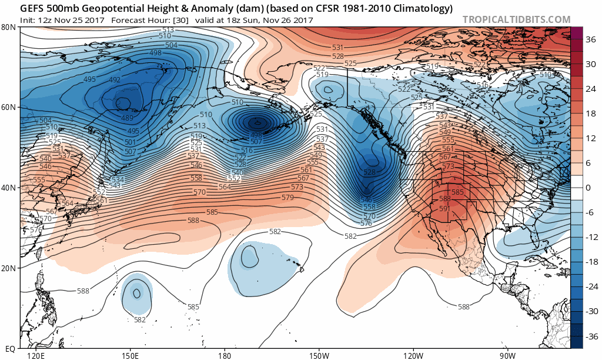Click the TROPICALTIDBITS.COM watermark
(x=516, y=19)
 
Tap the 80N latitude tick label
(x=9, y=27)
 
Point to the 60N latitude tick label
(x=9, y=107)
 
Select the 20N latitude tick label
(x=9, y=268)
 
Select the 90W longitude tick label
(x=508, y=355)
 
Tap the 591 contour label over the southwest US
(x=444, y=208)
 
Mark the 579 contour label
(x=287, y=198)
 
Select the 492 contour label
(x=115, y=80)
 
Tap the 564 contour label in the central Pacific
(x=225, y=186)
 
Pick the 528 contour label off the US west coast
(x=369, y=172)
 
